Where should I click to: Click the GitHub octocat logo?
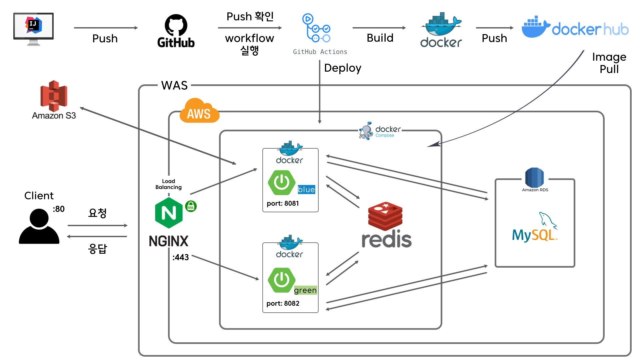tap(176, 25)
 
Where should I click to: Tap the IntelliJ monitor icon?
tap(33, 28)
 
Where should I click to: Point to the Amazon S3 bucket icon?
tap(54, 96)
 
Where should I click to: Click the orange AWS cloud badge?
tap(199, 111)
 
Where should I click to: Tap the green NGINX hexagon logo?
tap(169, 213)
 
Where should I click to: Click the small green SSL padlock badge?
tap(191, 206)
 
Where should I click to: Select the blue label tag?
tap(306, 189)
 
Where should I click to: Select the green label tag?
tap(305, 290)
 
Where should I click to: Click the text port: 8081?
tap(283, 203)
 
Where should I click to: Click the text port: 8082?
tap(283, 303)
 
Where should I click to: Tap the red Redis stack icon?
tap(385, 216)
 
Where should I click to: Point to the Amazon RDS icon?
tap(534, 177)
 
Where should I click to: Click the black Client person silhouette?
tap(39, 226)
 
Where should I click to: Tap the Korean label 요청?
tap(97, 213)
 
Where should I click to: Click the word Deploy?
tap(342, 68)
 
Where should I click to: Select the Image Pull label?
tap(609, 63)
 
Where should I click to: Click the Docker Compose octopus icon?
tap(366, 131)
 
